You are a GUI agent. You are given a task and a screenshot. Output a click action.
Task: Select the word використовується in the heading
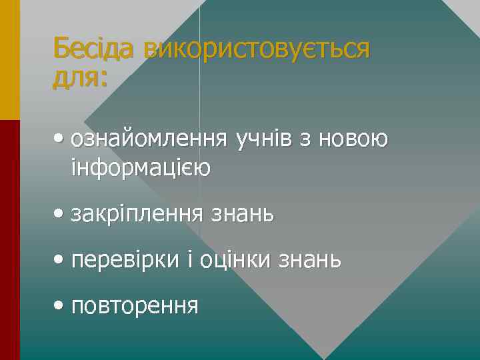256,49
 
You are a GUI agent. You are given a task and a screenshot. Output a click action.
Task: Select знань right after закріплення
242,214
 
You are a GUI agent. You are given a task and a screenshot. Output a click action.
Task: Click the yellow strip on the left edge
9,60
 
